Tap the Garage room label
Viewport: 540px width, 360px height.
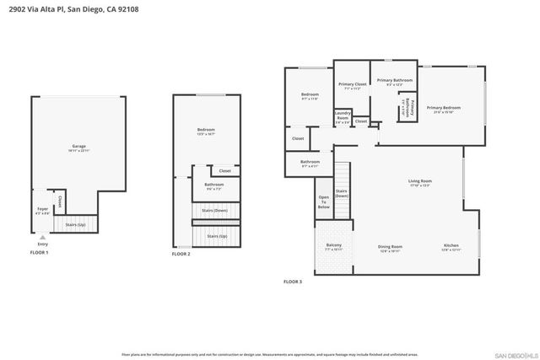(79, 147)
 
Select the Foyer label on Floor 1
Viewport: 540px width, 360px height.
(41, 209)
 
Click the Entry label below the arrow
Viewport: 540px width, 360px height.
(42, 244)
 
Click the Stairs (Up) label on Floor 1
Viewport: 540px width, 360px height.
(76, 226)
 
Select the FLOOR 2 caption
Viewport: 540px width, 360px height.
(181, 254)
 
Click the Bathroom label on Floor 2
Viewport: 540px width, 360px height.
(213, 185)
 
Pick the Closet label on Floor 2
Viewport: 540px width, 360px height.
(224, 171)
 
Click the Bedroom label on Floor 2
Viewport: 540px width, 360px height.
(207, 129)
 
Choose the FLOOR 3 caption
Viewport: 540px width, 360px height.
(293, 281)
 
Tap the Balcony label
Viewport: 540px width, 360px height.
(333, 245)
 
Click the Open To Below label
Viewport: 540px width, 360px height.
(324, 201)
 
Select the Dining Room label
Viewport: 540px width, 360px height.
(390, 246)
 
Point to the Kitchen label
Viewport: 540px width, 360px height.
(451, 246)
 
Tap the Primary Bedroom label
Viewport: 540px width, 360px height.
(444, 107)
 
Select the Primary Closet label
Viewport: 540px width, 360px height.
(352, 84)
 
